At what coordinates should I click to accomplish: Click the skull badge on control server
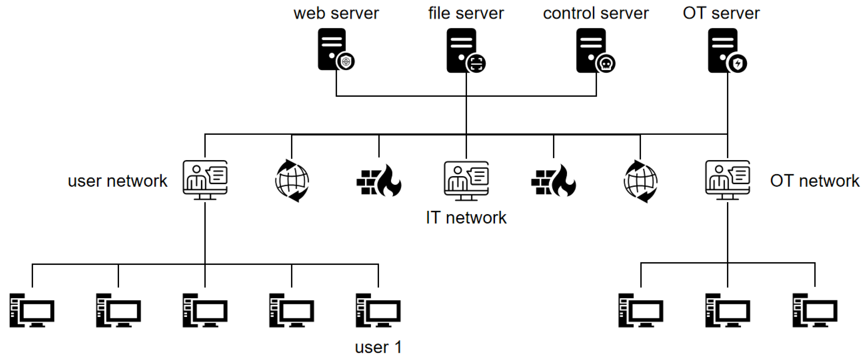(606, 64)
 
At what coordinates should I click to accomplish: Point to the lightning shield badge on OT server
(738, 64)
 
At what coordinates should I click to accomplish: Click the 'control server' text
(596, 13)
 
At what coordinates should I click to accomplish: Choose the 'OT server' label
(721, 13)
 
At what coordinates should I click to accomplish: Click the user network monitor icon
(205, 180)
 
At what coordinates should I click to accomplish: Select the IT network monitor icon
(466, 180)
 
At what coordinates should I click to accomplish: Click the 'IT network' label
(466, 218)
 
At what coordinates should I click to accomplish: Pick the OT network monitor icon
(728, 180)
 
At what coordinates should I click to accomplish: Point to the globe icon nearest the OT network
(640, 182)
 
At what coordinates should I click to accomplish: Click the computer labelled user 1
(378, 310)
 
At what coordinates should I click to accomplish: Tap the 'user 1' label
(378, 347)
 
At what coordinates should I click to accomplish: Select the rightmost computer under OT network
(815, 310)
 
